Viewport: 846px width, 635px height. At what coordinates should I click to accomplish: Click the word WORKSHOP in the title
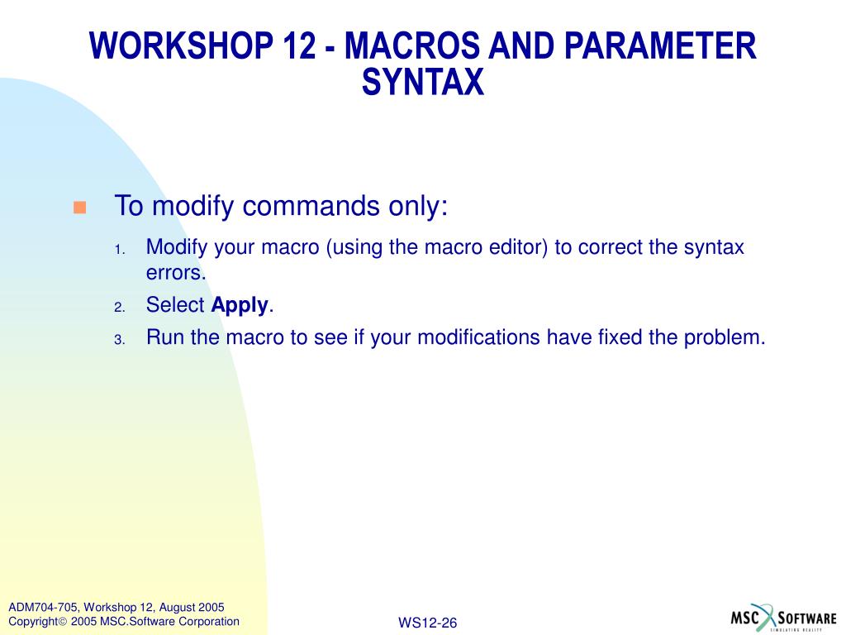(x=182, y=45)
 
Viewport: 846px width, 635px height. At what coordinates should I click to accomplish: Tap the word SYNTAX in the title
(x=423, y=82)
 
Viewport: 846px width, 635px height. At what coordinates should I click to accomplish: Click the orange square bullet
(x=80, y=208)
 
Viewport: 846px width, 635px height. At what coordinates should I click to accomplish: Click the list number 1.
(x=119, y=250)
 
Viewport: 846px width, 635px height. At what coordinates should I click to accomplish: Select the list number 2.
(x=119, y=308)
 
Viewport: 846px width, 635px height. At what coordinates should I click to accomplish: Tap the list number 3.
(x=119, y=340)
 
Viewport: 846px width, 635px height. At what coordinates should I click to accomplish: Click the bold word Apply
(x=240, y=306)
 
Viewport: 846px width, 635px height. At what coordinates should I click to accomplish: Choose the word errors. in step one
(x=177, y=273)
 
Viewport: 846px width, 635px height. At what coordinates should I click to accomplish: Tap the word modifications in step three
(x=478, y=337)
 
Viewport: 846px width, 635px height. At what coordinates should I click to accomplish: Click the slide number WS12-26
(x=427, y=623)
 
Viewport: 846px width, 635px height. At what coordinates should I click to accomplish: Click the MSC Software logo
(x=783, y=618)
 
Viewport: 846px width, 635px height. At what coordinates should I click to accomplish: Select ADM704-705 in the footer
(x=43, y=608)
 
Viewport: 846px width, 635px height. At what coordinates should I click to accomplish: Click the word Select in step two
(x=175, y=305)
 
